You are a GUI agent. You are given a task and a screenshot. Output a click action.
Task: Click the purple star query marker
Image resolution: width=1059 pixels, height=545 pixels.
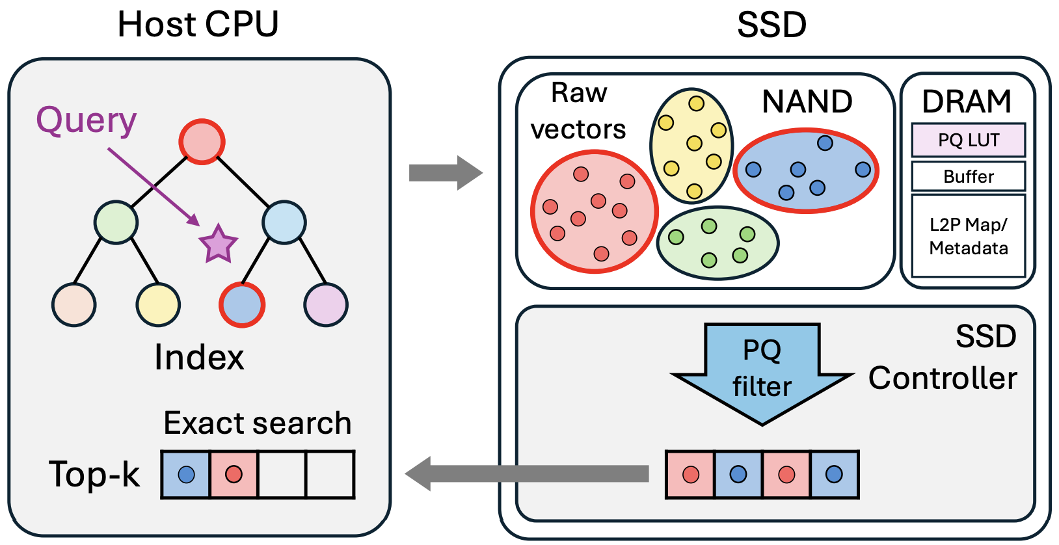click(x=218, y=245)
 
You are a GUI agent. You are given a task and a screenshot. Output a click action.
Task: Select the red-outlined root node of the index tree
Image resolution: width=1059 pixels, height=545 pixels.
click(x=202, y=142)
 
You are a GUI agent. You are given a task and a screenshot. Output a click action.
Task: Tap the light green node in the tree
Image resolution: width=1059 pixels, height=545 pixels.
click(x=116, y=222)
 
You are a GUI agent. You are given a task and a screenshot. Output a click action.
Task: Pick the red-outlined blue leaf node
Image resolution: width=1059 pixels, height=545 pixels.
click(x=242, y=304)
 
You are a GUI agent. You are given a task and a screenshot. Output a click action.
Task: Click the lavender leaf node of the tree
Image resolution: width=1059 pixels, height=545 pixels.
click(x=326, y=304)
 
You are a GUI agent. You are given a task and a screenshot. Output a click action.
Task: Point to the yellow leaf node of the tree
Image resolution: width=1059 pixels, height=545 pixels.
click(x=158, y=304)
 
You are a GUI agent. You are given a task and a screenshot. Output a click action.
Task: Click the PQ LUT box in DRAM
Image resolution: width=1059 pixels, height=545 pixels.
click(x=968, y=140)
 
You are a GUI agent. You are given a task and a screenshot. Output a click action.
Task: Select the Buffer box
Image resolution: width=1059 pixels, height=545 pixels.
click(x=968, y=176)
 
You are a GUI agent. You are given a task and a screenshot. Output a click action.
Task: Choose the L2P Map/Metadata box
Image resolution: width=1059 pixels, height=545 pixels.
click(x=968, y=236)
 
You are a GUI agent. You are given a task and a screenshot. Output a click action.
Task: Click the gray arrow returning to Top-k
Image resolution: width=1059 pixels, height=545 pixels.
click(x=527, y=473)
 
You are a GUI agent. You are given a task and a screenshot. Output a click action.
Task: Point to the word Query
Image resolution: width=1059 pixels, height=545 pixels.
click(x=87, y=121)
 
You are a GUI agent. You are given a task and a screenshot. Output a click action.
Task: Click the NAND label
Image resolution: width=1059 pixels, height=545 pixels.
click(x=807, y=102)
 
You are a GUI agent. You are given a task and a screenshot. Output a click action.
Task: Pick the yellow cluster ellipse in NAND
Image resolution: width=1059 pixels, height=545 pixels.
click(x=691, y=144)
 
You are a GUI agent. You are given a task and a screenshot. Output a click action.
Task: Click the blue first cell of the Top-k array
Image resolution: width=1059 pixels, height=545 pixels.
click(x=186, y=475)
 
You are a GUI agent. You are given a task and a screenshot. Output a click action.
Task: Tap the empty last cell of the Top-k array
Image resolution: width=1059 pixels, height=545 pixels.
click(x=330, y=475)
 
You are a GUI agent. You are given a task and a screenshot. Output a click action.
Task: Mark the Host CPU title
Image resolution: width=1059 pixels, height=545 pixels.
click(x=198, y=25)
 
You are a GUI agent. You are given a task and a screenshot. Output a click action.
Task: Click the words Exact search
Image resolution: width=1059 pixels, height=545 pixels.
click(x=257, y=423)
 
